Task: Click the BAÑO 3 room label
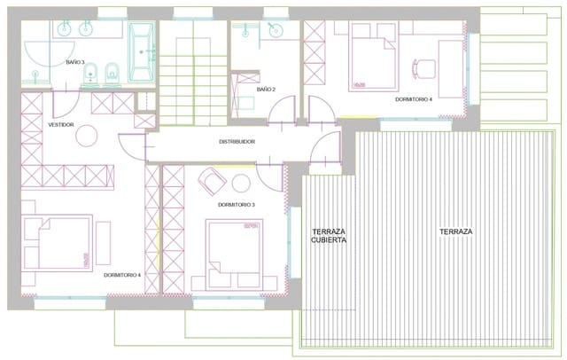[75, 63]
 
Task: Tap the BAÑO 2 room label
[267, 90]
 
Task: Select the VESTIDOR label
[60, 125]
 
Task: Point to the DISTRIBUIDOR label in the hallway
[237, 141]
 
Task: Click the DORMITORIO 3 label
[236, 205]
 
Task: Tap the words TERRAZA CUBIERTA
[328, 235]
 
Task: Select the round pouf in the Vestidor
[87, 135]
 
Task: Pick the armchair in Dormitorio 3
[213, 181]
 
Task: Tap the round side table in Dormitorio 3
[240, 183]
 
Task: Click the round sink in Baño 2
[275, 32]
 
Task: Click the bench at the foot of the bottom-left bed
[103, 241]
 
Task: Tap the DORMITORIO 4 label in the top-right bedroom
[414, 100]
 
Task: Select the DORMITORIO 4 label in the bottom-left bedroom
[121, 275]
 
